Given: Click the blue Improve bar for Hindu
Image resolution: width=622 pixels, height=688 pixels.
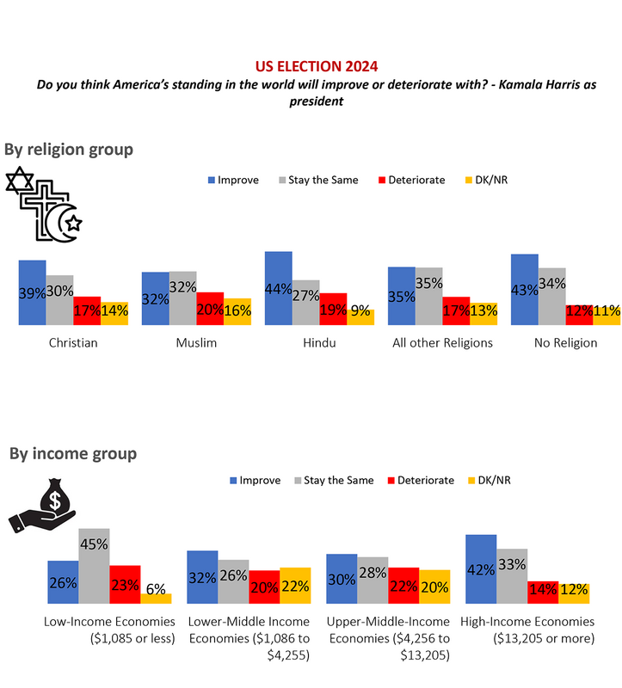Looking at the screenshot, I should pyautogui.click(x=278, y=288).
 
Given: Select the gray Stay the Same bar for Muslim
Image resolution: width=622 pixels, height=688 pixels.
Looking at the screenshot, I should pyautogui.click(x=182, y=298).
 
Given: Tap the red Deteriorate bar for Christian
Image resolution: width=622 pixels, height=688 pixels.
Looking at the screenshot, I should pyautogui.click(x=87, y=310).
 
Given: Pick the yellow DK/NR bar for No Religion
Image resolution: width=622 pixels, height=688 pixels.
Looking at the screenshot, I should pyautogui.click(x=607, y=314).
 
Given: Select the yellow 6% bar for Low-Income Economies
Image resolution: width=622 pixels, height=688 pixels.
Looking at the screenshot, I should pyautogui.click(x=157, y=597).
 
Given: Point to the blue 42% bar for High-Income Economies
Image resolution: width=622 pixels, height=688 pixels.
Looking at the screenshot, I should pyautogui.click(x=481, y=568).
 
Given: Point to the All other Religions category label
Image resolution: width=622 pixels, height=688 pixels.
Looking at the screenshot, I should pyautogui.click(x=442, y=343).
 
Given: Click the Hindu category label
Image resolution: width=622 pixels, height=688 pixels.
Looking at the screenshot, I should pyautogui.click(x=320, y=343).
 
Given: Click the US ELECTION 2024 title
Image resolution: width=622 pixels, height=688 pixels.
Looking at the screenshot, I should pyautogui.click(x=317, y=65).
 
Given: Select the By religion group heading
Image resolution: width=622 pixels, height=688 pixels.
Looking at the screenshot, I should pyautogui.click(x=69, y=150).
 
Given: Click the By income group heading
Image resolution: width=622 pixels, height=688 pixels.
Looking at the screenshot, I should pyautogui.click(x=73, y=453).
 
